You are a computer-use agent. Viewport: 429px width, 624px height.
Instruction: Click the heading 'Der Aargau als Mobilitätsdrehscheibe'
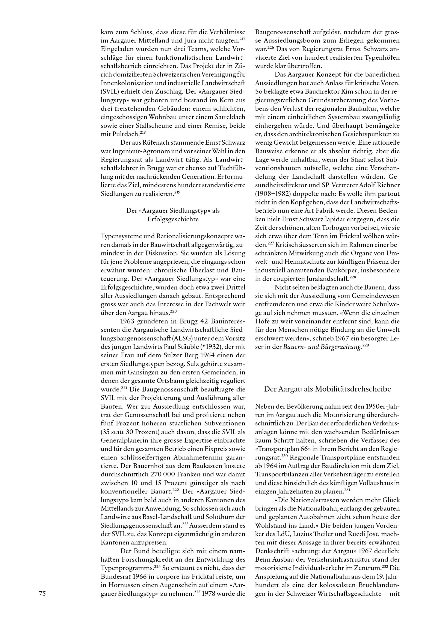point(327,389)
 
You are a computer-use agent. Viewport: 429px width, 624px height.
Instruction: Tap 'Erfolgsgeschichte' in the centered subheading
point(173,219)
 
